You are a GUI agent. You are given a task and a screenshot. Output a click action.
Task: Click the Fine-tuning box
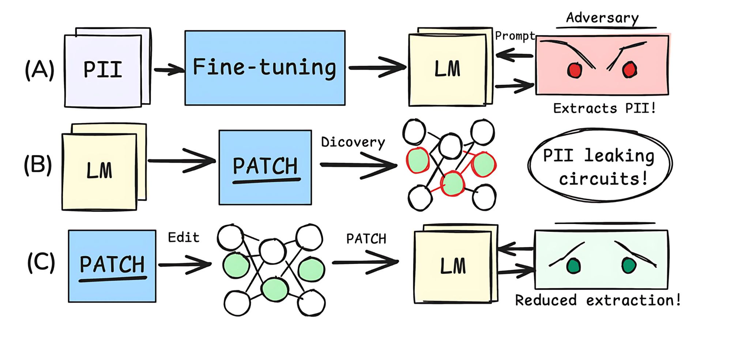pyautogui.click(x=265, y=68)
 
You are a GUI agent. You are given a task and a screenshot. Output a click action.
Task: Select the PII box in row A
pyautogui.click(x=103, y=70)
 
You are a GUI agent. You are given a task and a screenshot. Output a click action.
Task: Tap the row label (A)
pyautogui.click(x=39, y=69)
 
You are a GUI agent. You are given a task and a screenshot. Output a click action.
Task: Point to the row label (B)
pyautogui.click(x=38, y=165)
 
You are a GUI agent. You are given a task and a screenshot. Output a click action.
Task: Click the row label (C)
pyautogui.click(x=41, y=262)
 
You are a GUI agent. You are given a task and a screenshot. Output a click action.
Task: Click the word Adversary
pyautogui.click(x=602, y=18)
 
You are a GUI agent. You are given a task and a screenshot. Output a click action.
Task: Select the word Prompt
pyautogui.click(x=515, y=36)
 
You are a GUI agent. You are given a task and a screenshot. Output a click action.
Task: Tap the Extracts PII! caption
pyautogui.click(x=604, y=108)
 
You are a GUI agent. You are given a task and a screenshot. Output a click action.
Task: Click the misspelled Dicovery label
pyautogui.click(x=353, y=142)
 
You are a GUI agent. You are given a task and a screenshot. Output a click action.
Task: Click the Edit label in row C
pyautogui.click(x=184, y=238)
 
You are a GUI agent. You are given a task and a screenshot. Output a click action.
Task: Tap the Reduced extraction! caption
pyautogui.click(x=598, y=300)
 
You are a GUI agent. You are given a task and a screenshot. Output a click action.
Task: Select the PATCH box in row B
pyautogui.click(x=265, y=167)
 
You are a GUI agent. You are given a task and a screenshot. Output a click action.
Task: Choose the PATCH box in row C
pyautogui.click(x=112, y=266)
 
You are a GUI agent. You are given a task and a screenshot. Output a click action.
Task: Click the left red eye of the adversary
pyautogui.click(x=575, y=70)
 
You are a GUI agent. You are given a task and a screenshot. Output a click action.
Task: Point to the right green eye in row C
pyautogui.click(x=629, y=265)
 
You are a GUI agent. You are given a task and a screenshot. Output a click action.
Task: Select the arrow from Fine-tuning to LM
pyautogui.click(x=377, y=68)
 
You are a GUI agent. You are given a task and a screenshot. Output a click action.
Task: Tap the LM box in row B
pyautogui.click(x=99, y=171)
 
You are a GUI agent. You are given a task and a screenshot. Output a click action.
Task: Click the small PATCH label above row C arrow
pyautogui.click(x=366, y=239)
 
